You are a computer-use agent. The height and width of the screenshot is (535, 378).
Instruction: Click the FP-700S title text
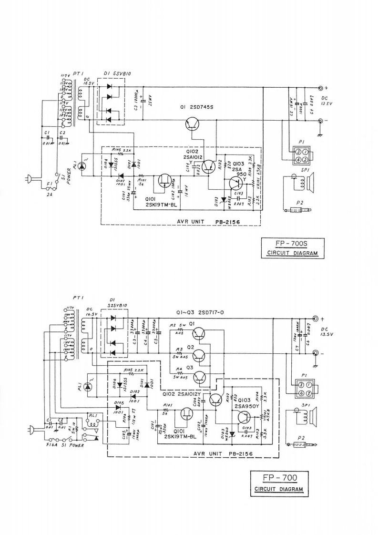point(293,245)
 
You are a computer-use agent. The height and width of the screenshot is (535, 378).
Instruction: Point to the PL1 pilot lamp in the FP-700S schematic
point(82,166)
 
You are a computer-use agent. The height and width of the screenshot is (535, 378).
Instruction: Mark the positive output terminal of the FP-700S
point(320,88)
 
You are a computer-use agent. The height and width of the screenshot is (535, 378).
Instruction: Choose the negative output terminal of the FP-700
point(316,353)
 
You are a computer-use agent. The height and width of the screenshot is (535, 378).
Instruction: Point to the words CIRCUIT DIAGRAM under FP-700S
point(293,253)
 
